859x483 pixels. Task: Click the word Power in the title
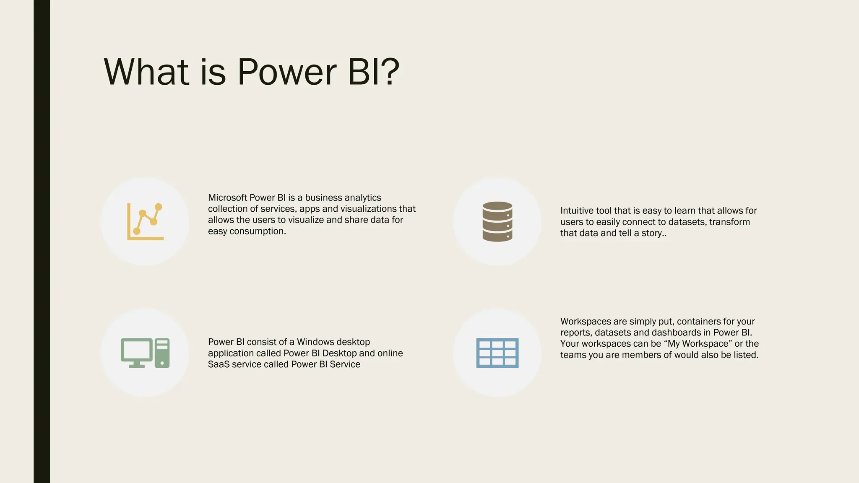coord(287,72)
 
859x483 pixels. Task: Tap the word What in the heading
coord(146,72)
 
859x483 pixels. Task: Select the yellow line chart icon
coord(145,222)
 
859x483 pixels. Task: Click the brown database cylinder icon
coord(497,222)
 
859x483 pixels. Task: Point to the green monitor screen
coord(137,350)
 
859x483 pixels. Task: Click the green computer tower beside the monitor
coord(162,353)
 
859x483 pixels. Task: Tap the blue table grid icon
coord(497,353)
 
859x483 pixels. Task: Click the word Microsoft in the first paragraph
coord(227,197)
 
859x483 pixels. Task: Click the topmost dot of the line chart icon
coord(158,207)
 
